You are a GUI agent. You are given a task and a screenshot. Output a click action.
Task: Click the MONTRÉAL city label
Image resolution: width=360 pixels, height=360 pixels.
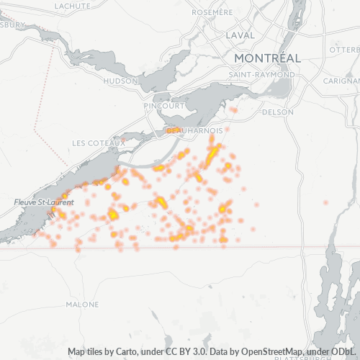[266, 58]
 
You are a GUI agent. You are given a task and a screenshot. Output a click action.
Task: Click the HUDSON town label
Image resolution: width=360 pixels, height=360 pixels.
[120, 81]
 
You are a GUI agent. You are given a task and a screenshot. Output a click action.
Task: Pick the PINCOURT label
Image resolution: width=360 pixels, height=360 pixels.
[163, 106]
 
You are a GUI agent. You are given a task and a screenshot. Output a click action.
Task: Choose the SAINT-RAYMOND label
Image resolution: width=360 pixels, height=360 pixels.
[261, 75]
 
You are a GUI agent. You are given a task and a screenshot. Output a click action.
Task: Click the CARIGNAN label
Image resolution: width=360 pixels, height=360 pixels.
[342, 81]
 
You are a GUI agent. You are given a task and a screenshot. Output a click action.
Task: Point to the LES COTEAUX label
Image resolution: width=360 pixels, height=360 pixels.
[99, 143]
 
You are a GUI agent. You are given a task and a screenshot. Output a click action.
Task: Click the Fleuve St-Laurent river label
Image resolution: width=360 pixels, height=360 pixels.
[40, 203]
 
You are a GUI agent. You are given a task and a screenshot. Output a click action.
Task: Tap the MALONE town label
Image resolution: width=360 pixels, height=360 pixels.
[82, 305]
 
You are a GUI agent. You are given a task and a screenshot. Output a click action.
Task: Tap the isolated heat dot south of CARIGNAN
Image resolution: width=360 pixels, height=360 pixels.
[326, 202]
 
